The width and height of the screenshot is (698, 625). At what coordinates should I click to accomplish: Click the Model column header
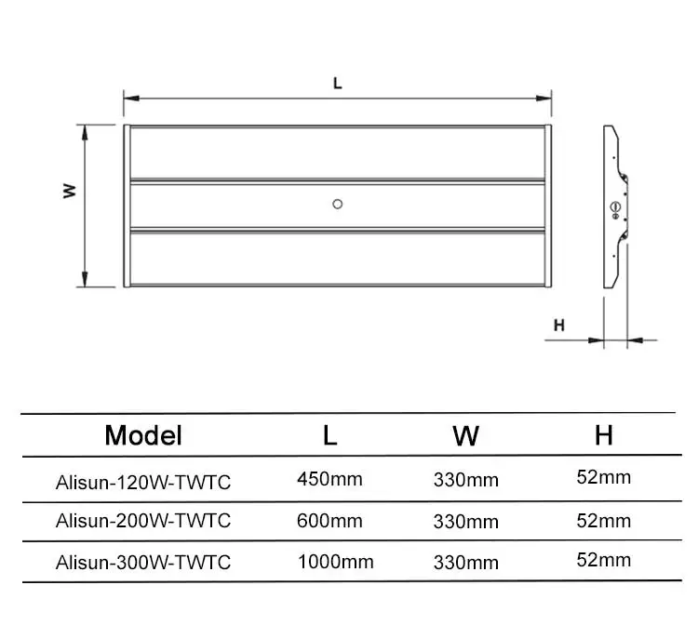[143, 434]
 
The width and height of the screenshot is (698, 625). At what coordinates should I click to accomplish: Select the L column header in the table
[330, 434]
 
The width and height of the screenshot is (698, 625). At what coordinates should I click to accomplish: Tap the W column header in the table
[465, 434]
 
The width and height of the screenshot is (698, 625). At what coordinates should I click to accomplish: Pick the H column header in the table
[604, 434]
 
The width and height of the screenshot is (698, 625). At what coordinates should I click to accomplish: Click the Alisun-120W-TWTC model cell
[143, 482]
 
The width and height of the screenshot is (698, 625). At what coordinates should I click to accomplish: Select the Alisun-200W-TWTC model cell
[143, 520]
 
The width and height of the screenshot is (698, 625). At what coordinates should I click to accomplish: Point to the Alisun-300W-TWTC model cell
[143, 562]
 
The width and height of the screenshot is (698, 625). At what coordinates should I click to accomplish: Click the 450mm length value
[329, 480]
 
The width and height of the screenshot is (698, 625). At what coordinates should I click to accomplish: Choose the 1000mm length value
[335, 562]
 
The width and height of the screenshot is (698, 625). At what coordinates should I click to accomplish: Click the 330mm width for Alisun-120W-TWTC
[465, 481]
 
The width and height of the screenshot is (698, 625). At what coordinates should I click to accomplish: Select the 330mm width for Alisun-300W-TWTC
[465, 563]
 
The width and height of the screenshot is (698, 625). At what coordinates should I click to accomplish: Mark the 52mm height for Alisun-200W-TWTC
[604, 520]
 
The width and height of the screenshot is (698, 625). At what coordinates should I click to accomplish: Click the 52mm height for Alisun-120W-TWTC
[604, 478]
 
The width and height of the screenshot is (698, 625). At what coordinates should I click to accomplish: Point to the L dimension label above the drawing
[338, 83]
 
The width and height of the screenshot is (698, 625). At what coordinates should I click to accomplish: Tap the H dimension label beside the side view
[559, 326]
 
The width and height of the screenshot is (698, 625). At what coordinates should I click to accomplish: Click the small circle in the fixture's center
[338, 204]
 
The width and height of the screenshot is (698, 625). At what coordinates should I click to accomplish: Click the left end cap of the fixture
[126, 206]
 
